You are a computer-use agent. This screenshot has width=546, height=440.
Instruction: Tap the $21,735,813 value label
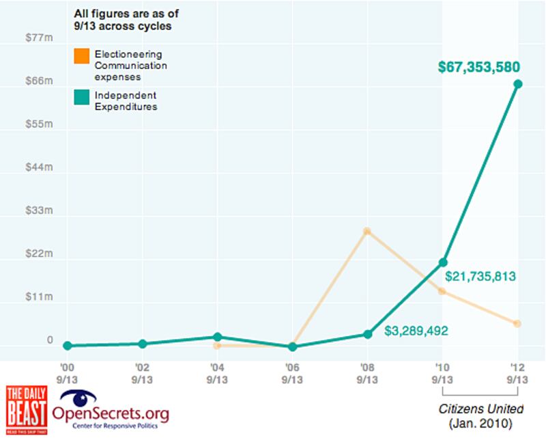[480, 277]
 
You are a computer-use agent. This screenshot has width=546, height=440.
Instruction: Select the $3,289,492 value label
[416, 331]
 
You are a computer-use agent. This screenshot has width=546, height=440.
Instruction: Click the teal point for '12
[518, 84]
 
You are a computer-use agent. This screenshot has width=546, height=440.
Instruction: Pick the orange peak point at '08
[367, 232]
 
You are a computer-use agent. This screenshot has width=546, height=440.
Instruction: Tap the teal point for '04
[217, 337]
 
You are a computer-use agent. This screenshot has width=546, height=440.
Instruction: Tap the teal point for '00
[67, 346]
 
